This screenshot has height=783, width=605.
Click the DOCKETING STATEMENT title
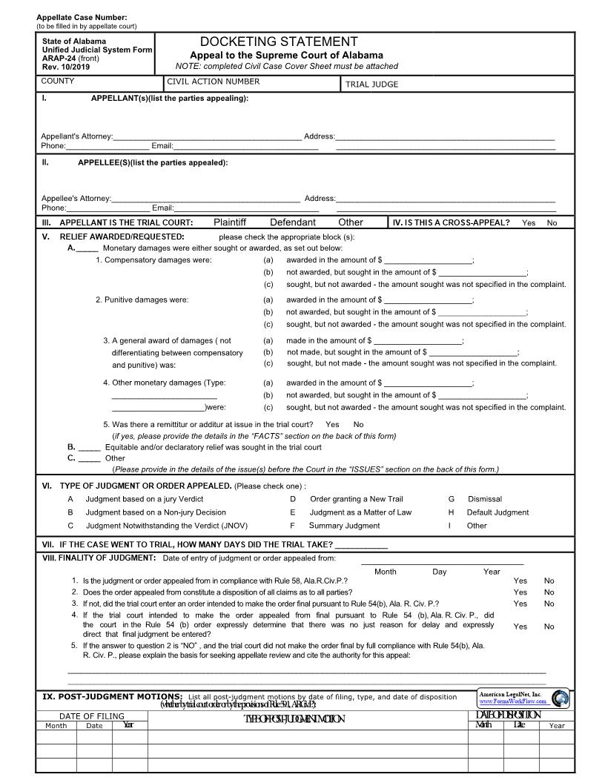[279, 42]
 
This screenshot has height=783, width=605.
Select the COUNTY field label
[58, 82]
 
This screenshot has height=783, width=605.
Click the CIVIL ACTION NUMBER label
[214, 82]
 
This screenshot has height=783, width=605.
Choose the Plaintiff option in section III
[230, 222]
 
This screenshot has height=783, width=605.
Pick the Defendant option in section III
[292, 222]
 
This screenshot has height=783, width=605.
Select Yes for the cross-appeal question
[528, 223]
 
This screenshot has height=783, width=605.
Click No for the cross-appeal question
[552, 223]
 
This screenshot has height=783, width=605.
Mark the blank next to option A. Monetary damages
[87, 248]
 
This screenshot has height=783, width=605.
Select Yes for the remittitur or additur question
[332, 425]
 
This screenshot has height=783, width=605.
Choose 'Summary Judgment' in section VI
[344, 526]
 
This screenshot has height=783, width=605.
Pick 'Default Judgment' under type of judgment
[497, 512]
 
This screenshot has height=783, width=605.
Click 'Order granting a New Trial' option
[356, 499]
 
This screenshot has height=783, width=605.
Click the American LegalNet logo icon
[561, 698]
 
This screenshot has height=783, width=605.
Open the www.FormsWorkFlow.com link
[513, 701]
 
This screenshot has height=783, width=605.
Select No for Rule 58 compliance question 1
[549, 581]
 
